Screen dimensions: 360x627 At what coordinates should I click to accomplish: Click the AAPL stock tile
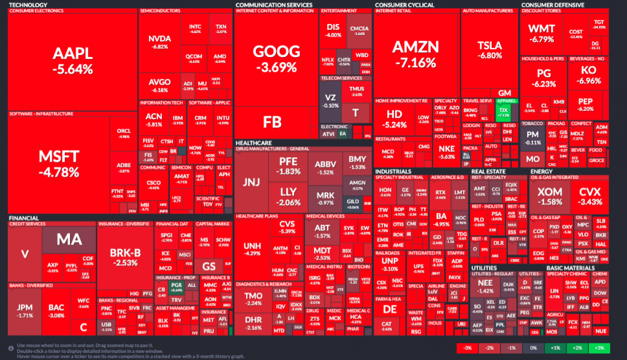[x=73, y=60]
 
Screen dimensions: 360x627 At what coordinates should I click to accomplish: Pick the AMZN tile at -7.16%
[x=415, y=54]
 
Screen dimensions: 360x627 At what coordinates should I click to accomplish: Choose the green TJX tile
[x=504, y=111]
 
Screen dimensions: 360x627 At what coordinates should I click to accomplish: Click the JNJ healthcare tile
[x=251, y=182]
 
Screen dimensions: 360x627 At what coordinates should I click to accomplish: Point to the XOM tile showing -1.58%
[x=550, y=195]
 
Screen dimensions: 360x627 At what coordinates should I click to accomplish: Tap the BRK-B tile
[x=125, y=256]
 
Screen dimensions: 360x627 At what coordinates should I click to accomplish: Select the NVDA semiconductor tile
[x=159, y=42]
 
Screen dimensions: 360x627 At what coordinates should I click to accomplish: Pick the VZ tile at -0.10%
[x=330, y=101]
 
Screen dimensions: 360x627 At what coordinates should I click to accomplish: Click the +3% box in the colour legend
[x=599, y=348]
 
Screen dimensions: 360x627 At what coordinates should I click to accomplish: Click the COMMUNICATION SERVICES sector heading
[x=274, y=5]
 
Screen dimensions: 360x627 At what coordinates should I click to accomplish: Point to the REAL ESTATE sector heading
[x=487, y=171]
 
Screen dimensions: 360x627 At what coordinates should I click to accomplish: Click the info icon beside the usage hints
[x=11, y=349]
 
